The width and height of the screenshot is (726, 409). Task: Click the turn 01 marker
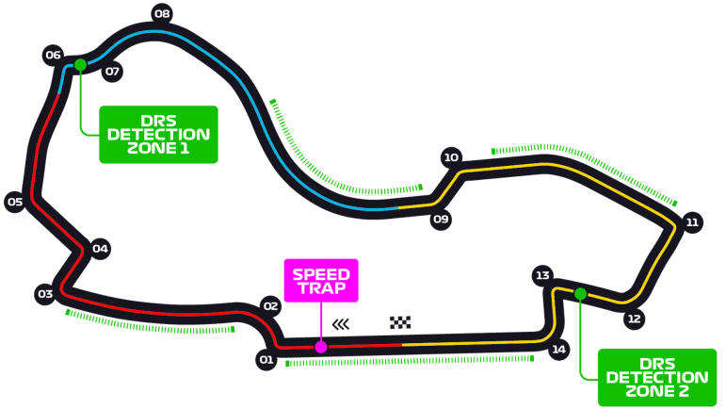coord(266,359)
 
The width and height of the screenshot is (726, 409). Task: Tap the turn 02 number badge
coord(271,305)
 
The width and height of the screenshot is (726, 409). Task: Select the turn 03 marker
coord(44,294)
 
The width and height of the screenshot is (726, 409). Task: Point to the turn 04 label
coord(101,249)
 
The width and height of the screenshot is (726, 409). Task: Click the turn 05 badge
coord(15,201)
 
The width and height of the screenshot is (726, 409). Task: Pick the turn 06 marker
coord(53,55)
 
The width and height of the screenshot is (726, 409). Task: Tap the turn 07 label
coord(112,71)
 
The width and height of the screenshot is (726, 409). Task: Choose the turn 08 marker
coord(162,13)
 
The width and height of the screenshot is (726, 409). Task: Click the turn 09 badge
coord(440,220)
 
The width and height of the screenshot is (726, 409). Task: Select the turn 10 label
coord(451,157)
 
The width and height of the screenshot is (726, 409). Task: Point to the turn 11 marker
coord(692,222)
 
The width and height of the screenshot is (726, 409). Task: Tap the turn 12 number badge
coord(634,319)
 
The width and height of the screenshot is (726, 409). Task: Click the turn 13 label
coord(541,275)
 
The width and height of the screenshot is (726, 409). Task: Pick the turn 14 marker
coord(559,350)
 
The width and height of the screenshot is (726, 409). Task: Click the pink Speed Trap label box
coord(321,280)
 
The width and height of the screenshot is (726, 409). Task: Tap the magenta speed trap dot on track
coord(321,347)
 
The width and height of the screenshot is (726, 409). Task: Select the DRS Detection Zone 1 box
coord(158,134)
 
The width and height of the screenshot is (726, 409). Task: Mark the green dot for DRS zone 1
coord(80,65)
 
